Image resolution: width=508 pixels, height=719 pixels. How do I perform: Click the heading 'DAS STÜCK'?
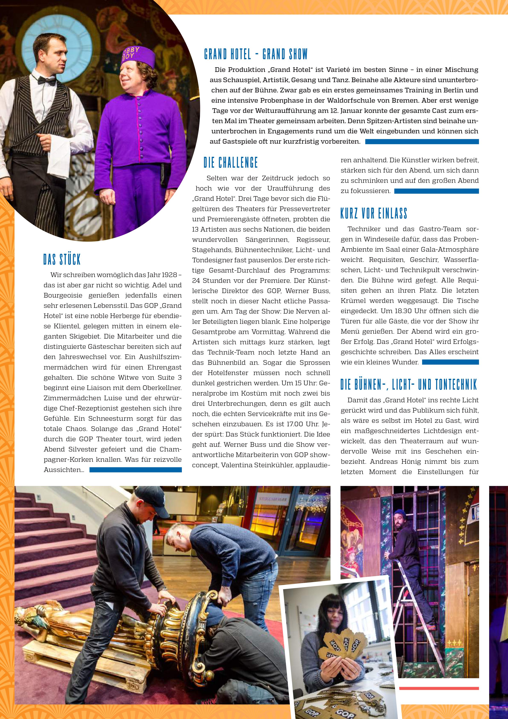click(62, 260)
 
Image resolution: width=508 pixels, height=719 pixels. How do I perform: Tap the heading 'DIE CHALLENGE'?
click(231, 163)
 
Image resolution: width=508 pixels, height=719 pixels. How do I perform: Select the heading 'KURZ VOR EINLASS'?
click(374, 214)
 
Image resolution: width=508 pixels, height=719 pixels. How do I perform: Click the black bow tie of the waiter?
click(46, 81)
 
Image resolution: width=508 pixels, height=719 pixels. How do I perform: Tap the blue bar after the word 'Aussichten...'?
click(135, 470)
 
